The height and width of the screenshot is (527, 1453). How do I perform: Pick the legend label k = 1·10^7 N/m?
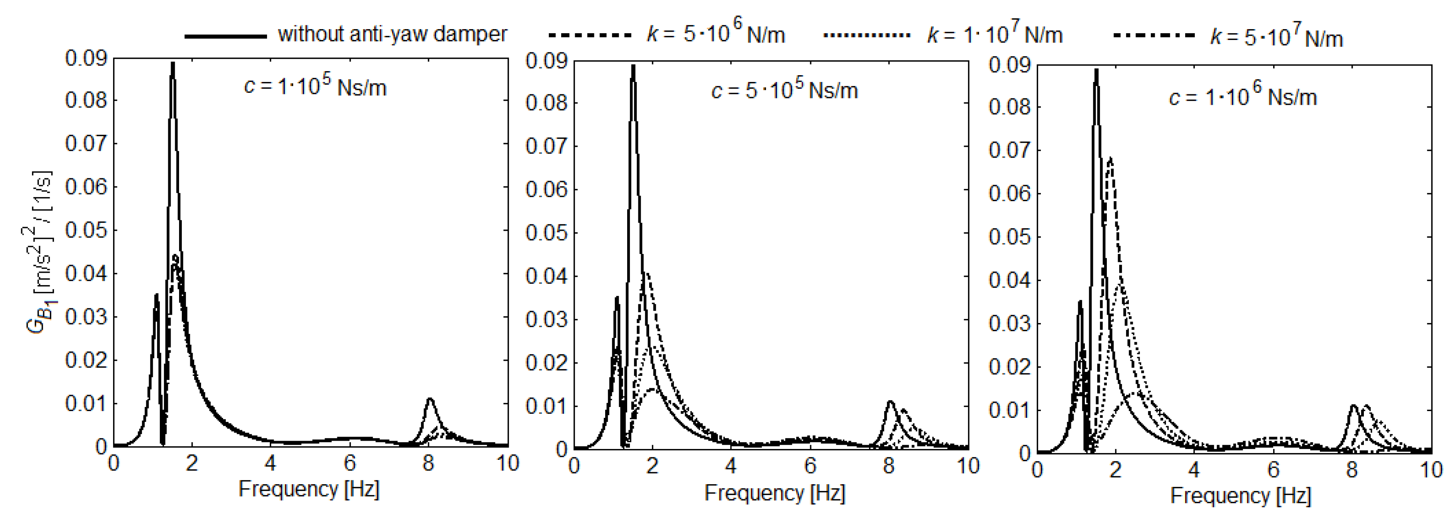[995, 34]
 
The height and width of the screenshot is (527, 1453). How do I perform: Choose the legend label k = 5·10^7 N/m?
[1276, 37]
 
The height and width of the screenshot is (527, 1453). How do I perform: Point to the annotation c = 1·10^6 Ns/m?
[1243, 97]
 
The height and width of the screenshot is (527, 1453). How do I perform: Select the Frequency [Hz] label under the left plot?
[309, 489]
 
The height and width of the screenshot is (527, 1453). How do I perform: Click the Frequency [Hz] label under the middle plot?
[774, 493]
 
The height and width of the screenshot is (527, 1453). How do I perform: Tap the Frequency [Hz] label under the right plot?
[1240, 496]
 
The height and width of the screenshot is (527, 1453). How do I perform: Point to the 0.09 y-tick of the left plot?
[86, 58]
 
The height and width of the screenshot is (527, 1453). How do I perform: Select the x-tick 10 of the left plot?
[508, 464]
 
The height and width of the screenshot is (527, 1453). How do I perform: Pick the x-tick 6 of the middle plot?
[810, 466]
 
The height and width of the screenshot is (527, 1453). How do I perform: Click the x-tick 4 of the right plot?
[1194, 470]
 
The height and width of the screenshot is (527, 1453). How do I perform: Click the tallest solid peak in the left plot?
[173, 63]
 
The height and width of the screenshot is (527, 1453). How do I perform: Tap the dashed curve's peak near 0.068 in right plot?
[1110, 159]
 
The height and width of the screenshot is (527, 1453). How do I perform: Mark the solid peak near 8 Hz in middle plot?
[890, 402]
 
